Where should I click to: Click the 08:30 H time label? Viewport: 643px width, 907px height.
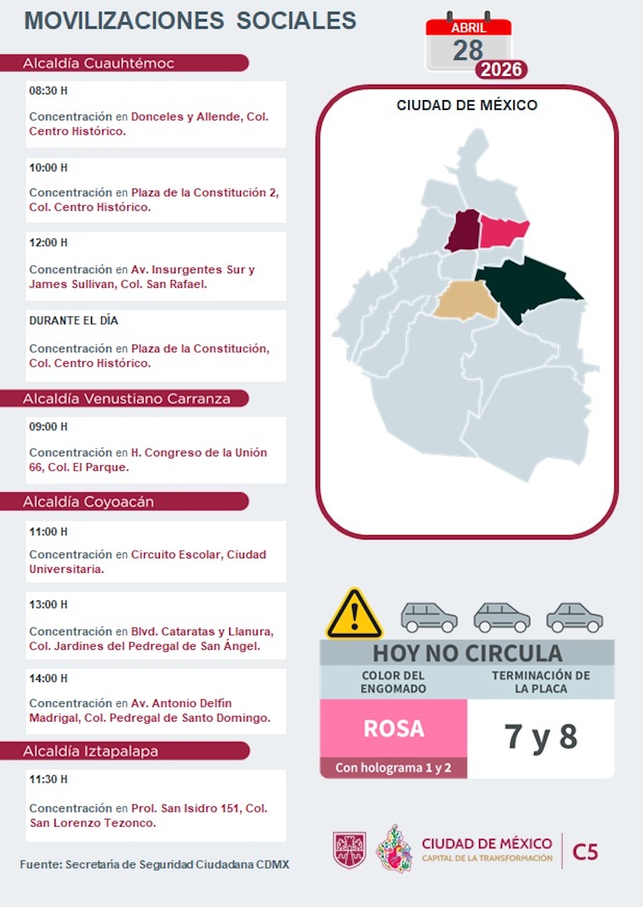click(x=48, y=91)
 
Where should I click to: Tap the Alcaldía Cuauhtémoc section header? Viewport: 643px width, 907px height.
click(x=99, y=63)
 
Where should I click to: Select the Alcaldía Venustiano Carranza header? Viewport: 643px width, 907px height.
click(x=126, y=399)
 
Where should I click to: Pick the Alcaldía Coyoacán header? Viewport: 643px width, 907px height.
click(x=88, y=501)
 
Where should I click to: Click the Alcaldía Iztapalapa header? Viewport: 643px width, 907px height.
click(x=91, y=751)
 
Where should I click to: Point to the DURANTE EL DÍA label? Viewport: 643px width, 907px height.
click(x=73, y=320)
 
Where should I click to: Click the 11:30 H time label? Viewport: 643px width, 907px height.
click(x=48, y=779)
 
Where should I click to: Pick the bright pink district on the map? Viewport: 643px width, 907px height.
click(x=502, y=232)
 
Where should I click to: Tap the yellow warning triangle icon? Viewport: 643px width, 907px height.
click(x=354, y=615)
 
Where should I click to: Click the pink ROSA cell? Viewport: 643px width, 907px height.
click(x=394, y=728)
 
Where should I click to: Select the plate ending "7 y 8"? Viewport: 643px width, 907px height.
click(x=541, y=737)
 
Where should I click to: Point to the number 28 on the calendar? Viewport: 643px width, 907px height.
click(x=468, y=50)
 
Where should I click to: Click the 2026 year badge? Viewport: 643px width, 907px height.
click(x=501, y=70)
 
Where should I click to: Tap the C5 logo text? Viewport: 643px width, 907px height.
click(x=585, y=851)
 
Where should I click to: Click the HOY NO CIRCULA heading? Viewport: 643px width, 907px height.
click(x=467, y=653)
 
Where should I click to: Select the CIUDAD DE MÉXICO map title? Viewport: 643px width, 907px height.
click(x=467, y=105)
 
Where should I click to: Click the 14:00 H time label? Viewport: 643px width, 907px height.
click(x=48, y=678)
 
